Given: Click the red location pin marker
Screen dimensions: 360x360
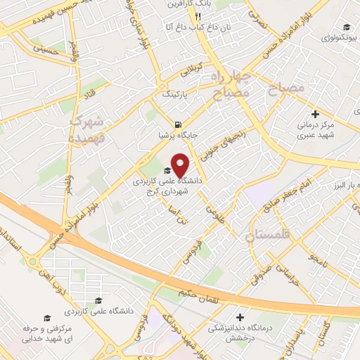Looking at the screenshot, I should (x=181, y=165).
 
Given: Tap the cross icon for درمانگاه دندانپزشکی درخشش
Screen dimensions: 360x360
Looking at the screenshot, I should (x=240, y=317).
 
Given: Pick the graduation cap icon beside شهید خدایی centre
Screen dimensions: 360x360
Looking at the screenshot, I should (x=46, y=318).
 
